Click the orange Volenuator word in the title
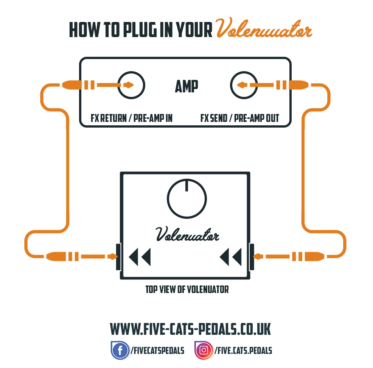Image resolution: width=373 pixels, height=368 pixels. point(264,28)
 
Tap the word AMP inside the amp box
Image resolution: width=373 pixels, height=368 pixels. point(186,86)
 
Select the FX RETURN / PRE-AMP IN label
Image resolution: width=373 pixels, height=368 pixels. point(132,118)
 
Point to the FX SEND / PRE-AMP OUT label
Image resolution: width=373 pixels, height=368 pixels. point(239,118)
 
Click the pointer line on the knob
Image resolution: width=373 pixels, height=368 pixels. point(187,186)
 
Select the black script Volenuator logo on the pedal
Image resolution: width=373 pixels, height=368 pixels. point(187,234)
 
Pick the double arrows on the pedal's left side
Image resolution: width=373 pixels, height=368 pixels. point(140,257)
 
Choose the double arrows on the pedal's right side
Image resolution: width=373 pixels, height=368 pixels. point(230,257)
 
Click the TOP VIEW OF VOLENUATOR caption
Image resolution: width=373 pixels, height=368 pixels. point(187,290)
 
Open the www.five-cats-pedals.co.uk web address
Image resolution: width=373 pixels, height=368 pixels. point(190,329)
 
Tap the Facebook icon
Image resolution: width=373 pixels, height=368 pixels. point(120,350)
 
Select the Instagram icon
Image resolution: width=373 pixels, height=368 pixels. point(204,350)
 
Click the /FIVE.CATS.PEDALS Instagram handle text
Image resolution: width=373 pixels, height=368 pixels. point(243,351)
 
